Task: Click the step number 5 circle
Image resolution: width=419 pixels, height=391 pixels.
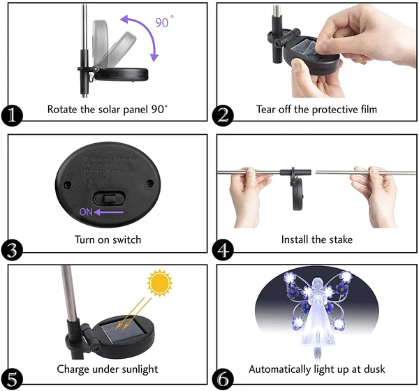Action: click(12, 377)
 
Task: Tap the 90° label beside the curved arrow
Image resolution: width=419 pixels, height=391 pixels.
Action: click(163, 22)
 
